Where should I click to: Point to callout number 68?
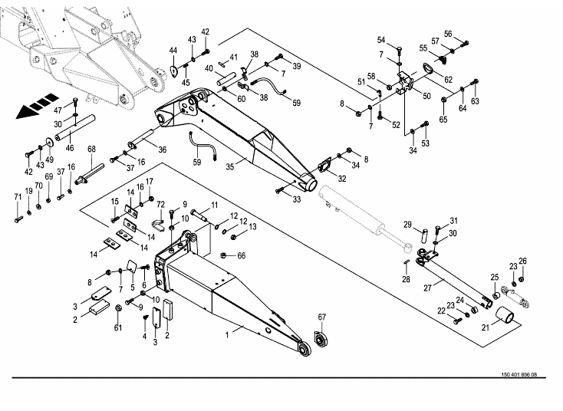coord(91,149)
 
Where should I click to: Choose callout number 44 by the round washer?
coord(174,51)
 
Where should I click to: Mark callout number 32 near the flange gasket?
coord(343,178)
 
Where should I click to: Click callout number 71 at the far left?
coord(17,198)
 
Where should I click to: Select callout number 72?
coord(161,205)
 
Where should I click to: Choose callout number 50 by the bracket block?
coord(427,97)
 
